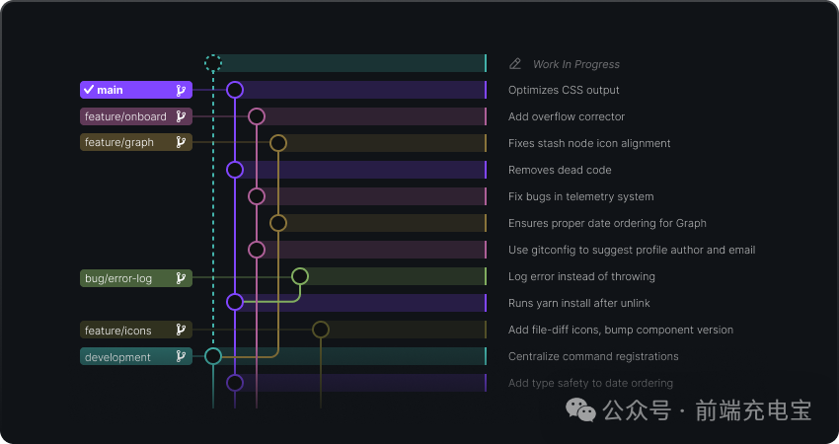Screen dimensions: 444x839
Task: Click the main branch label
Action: tap(135, 90)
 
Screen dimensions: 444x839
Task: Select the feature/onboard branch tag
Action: tap(135, 116)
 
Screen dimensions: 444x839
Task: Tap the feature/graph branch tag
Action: tap(135, 143)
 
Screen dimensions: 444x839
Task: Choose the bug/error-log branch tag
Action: tap(135, 278)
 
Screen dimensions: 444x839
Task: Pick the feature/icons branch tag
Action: tap(135, 330)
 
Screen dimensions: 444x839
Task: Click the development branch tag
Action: tap(135, 356)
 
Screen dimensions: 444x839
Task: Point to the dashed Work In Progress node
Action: tap(213, 64)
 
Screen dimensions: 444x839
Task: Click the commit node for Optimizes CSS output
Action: tap(235, 90)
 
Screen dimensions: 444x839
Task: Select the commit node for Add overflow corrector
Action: tap(257, 116)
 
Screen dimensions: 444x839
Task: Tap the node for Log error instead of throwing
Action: tap(300, 276)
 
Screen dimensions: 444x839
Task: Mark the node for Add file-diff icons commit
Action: tap(321, 330)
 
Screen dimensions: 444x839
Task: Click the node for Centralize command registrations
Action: tap(213, 356)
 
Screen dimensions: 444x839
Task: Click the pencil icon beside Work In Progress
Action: tap(515, 64)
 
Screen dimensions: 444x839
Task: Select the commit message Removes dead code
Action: tap(560, 170)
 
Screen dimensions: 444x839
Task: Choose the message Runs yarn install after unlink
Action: tap(578, 303)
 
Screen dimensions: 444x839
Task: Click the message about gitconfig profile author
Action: tap(631, 250)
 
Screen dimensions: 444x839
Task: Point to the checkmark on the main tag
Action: tap(89, 90)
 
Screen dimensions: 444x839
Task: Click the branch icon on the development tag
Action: tap(181, 356)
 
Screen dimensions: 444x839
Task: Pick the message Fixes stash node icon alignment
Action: tap(589, 143)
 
